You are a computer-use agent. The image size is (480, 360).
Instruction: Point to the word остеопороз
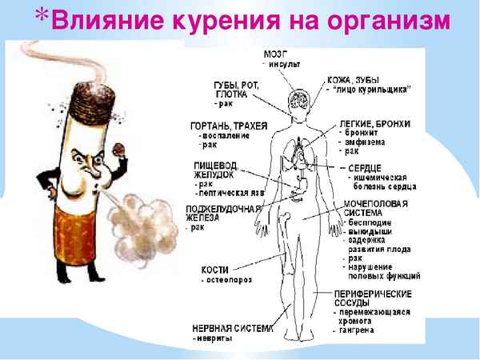coord(222,282)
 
